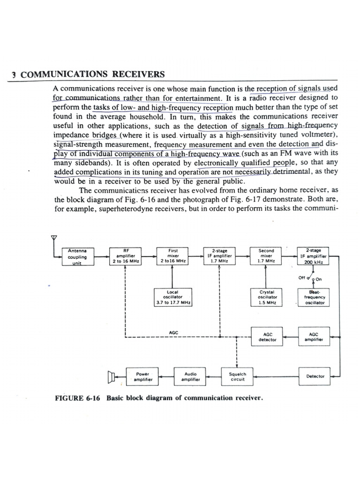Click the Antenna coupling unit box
(x=77, y=257)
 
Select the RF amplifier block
(x=125, y=256)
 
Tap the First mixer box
(x=172, y=256)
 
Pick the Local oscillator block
(x=172, y=297)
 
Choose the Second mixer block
(x=266, y=256)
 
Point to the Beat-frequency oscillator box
(x=314, y=297)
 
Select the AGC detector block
(x=268, y=337)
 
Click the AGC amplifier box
(x=314, y=337)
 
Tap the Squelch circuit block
(x=237, y=377)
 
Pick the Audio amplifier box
(x=190, y=377)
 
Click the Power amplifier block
(x=142, y=377)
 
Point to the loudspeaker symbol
(x=112, y=376)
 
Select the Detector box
(x=315, y=376)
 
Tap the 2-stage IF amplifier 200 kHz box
(x=314, y=256)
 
